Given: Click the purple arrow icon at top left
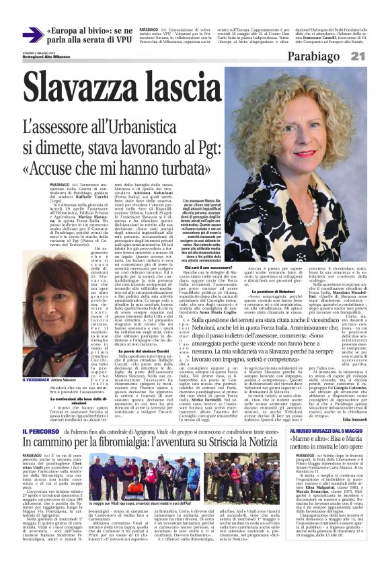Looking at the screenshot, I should point(32,35).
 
